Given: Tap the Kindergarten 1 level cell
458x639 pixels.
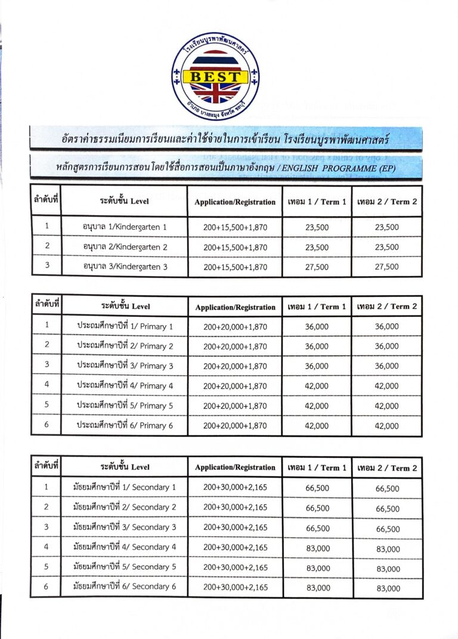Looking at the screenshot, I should click(x=125, y=227).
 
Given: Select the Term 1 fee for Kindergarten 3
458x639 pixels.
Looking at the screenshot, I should click(x=317, y=267).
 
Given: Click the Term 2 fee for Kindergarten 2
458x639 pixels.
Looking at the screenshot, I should click(x=387, y=247).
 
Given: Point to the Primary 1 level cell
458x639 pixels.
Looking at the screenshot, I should click(x=125, y=326).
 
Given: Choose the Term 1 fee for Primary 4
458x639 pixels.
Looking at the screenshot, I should click(x=317, y=386).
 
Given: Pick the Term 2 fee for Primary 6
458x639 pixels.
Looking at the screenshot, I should click(x=387, y=426).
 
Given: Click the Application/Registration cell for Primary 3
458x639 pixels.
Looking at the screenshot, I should click(x=235, y=366).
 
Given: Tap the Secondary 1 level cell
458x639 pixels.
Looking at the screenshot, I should click(x=125, y=487).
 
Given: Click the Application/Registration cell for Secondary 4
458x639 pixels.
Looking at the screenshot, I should click(x=235, y=547).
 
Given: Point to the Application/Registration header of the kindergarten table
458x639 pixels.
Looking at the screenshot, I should click(x=235, y=202).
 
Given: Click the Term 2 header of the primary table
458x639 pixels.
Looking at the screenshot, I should click(x=387, y=307).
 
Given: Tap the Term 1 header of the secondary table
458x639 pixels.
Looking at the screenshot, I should click(x=317, y=468).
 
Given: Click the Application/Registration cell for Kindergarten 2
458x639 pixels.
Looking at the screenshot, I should click(x=235, y=247).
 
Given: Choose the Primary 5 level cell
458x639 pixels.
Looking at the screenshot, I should click(x=125, y=406).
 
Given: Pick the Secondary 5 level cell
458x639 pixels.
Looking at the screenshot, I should click(x=125, y=567).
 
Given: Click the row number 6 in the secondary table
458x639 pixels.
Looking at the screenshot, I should click(x=46, y=587).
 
